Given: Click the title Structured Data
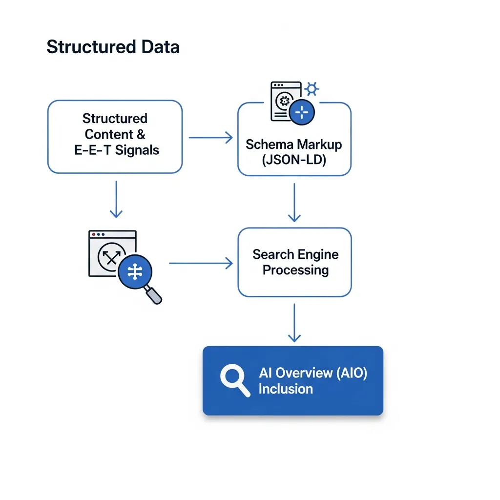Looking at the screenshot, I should [113, 47].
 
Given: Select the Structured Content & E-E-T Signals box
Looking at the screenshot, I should [115, 137].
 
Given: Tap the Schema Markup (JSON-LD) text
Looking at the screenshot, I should [294, 151].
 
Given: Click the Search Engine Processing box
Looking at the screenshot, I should [294, 262].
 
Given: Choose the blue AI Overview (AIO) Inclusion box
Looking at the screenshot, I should [293, 380].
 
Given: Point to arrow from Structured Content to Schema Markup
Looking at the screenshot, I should [210, 138].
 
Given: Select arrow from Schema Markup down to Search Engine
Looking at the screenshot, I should [294, 202].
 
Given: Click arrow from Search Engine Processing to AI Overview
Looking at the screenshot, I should [294, 322].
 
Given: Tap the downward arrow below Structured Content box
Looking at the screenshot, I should [116, 199].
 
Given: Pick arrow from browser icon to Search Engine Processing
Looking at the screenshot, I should [201, 264].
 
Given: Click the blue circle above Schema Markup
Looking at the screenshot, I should [302, 113].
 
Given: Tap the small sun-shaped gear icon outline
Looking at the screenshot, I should [312, 89].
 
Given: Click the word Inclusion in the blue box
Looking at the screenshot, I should [286, 389].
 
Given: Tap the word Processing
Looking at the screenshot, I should [295, 270].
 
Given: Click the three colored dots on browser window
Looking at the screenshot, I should [98, 234].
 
